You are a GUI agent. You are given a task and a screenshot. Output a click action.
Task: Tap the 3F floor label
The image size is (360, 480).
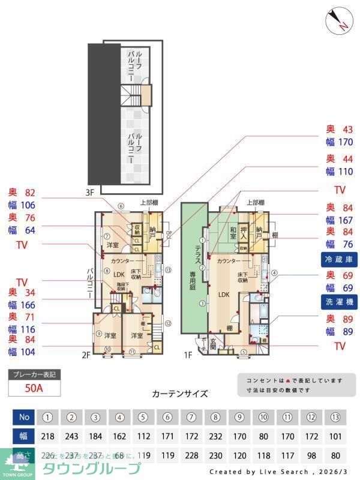coord(90,193)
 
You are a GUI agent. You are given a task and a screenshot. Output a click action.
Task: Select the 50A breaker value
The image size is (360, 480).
coord(34,388)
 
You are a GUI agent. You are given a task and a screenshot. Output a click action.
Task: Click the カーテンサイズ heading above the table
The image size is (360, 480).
coord(180,394)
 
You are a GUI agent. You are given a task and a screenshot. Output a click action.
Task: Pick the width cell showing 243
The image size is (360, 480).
coord(71,437)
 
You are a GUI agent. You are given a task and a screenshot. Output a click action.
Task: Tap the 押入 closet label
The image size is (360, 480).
coord(244,232)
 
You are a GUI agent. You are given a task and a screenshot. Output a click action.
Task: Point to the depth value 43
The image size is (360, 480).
coord(347,130)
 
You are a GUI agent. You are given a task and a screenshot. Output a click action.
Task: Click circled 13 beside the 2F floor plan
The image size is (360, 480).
coord(168,270)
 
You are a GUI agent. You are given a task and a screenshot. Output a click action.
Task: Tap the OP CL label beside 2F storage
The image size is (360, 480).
coord(169,235)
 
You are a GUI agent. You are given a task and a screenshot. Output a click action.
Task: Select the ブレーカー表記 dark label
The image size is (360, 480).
coord(34,375)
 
